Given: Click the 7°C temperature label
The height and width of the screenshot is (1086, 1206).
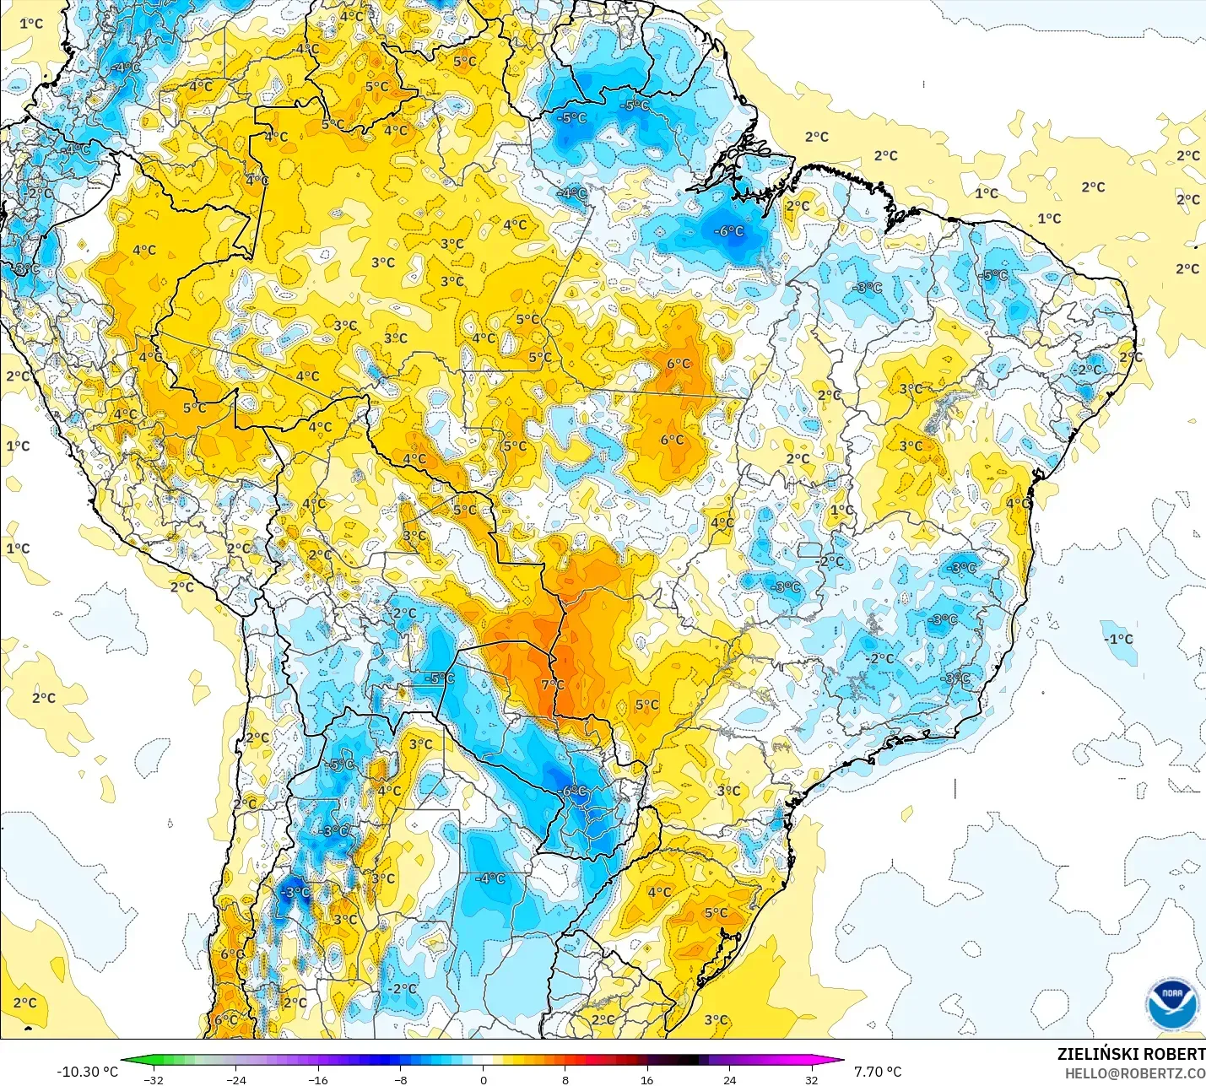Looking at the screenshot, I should pos(553,684).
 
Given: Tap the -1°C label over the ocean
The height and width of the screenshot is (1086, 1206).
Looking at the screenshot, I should pos(1118,639).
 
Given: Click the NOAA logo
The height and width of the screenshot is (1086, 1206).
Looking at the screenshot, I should pos(1171,1004).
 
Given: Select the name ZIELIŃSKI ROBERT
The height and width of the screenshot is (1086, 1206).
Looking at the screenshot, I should pos(1131,1054).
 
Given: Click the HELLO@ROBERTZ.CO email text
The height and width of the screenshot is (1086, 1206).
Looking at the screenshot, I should pos(1134,1073).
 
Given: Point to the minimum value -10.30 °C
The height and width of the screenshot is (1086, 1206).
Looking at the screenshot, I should pos(87,1072).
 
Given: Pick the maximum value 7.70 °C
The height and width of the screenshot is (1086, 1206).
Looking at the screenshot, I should pos(878,1072).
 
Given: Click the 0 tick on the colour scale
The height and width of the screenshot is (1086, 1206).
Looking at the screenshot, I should pos(483,1079).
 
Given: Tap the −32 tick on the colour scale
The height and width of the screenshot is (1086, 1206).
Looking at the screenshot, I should pos(153,1079).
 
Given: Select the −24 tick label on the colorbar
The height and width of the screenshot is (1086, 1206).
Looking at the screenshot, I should pos(235,1079).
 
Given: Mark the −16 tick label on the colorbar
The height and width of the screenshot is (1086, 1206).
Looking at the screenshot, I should pos(317,1079).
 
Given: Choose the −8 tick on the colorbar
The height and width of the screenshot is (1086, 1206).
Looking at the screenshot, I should pos(400,1079).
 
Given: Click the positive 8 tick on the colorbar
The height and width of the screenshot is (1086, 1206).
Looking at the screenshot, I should pos(565,1079).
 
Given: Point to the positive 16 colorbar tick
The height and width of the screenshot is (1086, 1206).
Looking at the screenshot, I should pos(647,1079).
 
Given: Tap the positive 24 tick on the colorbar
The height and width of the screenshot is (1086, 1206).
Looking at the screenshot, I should pos(730,1079).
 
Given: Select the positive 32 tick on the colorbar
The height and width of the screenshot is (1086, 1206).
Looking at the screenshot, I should pos(812,1079).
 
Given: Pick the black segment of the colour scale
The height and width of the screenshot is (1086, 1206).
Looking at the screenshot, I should pos(689,1061).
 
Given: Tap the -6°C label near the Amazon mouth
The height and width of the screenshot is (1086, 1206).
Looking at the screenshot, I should pos(729,230).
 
